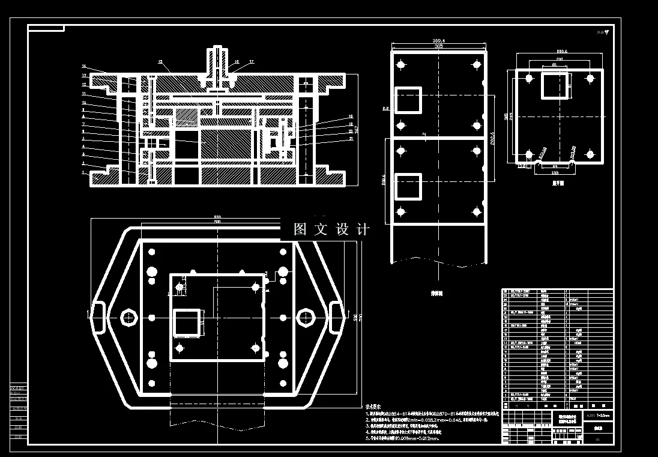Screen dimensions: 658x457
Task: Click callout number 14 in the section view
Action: coord(84,65)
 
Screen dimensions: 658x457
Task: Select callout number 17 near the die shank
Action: coord(252,62)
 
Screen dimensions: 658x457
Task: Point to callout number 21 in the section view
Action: coord(351,139)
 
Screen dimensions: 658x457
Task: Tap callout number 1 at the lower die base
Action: coord(84,172)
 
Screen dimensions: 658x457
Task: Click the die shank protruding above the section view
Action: coord(217,60)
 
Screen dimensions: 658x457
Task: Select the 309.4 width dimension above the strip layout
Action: coord(439,40)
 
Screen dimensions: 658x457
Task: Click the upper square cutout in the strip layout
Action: coord(408,99)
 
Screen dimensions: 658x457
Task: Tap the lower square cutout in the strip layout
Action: coord(408,187)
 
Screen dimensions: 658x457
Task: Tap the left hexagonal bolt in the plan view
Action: coord(127,316)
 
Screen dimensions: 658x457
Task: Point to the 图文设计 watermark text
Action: coord(331,229)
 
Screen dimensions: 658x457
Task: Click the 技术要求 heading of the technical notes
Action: coord(374,406)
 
